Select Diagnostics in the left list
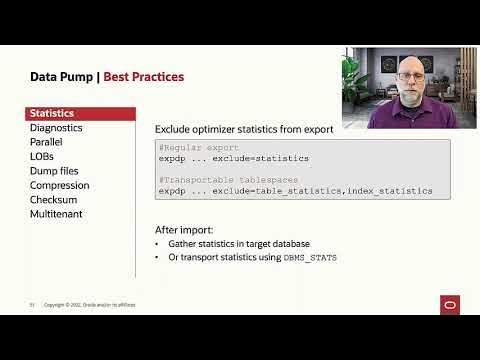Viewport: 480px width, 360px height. [x=56, y=128]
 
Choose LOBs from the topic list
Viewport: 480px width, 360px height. [x=43, y=157]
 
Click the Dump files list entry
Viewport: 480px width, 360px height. [x=57, y=171]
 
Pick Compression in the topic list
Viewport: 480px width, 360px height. [x=60, y=186]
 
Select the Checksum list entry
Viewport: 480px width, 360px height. [x=54, y=200]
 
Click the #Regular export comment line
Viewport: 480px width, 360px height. [x=199, y=147]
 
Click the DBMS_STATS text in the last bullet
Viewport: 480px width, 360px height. [x=311, y=258]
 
